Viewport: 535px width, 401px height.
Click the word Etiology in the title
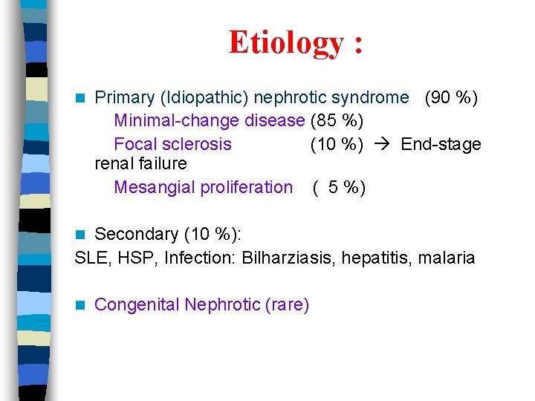click(x=286, y=43)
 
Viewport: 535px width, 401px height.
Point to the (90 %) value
click(x=451, y=97)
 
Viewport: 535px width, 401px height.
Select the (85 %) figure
click(x=337, y=120)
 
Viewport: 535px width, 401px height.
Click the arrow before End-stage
click(x=383, y=144)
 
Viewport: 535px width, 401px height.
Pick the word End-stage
click(x=441, y=144)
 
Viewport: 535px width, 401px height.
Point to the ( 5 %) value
click(x=339, y=187)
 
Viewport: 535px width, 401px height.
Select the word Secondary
click(x=137, y=234)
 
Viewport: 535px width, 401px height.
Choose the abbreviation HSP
click(x=134, y=258)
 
